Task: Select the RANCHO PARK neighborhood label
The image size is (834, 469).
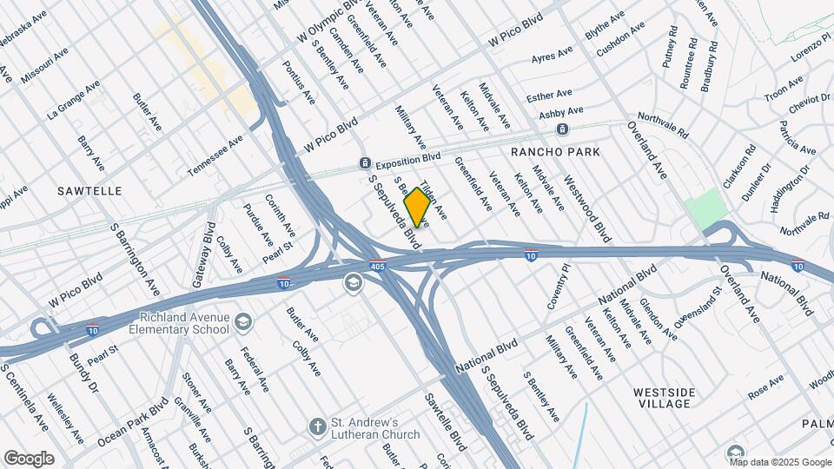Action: tap(555, 152)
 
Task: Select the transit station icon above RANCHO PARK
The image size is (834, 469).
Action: tap(563, 129)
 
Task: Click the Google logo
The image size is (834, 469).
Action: tap(29, 459)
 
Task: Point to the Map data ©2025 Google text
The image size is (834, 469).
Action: tap(781, 461)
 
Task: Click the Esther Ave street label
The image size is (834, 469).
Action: tap(549, 94)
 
